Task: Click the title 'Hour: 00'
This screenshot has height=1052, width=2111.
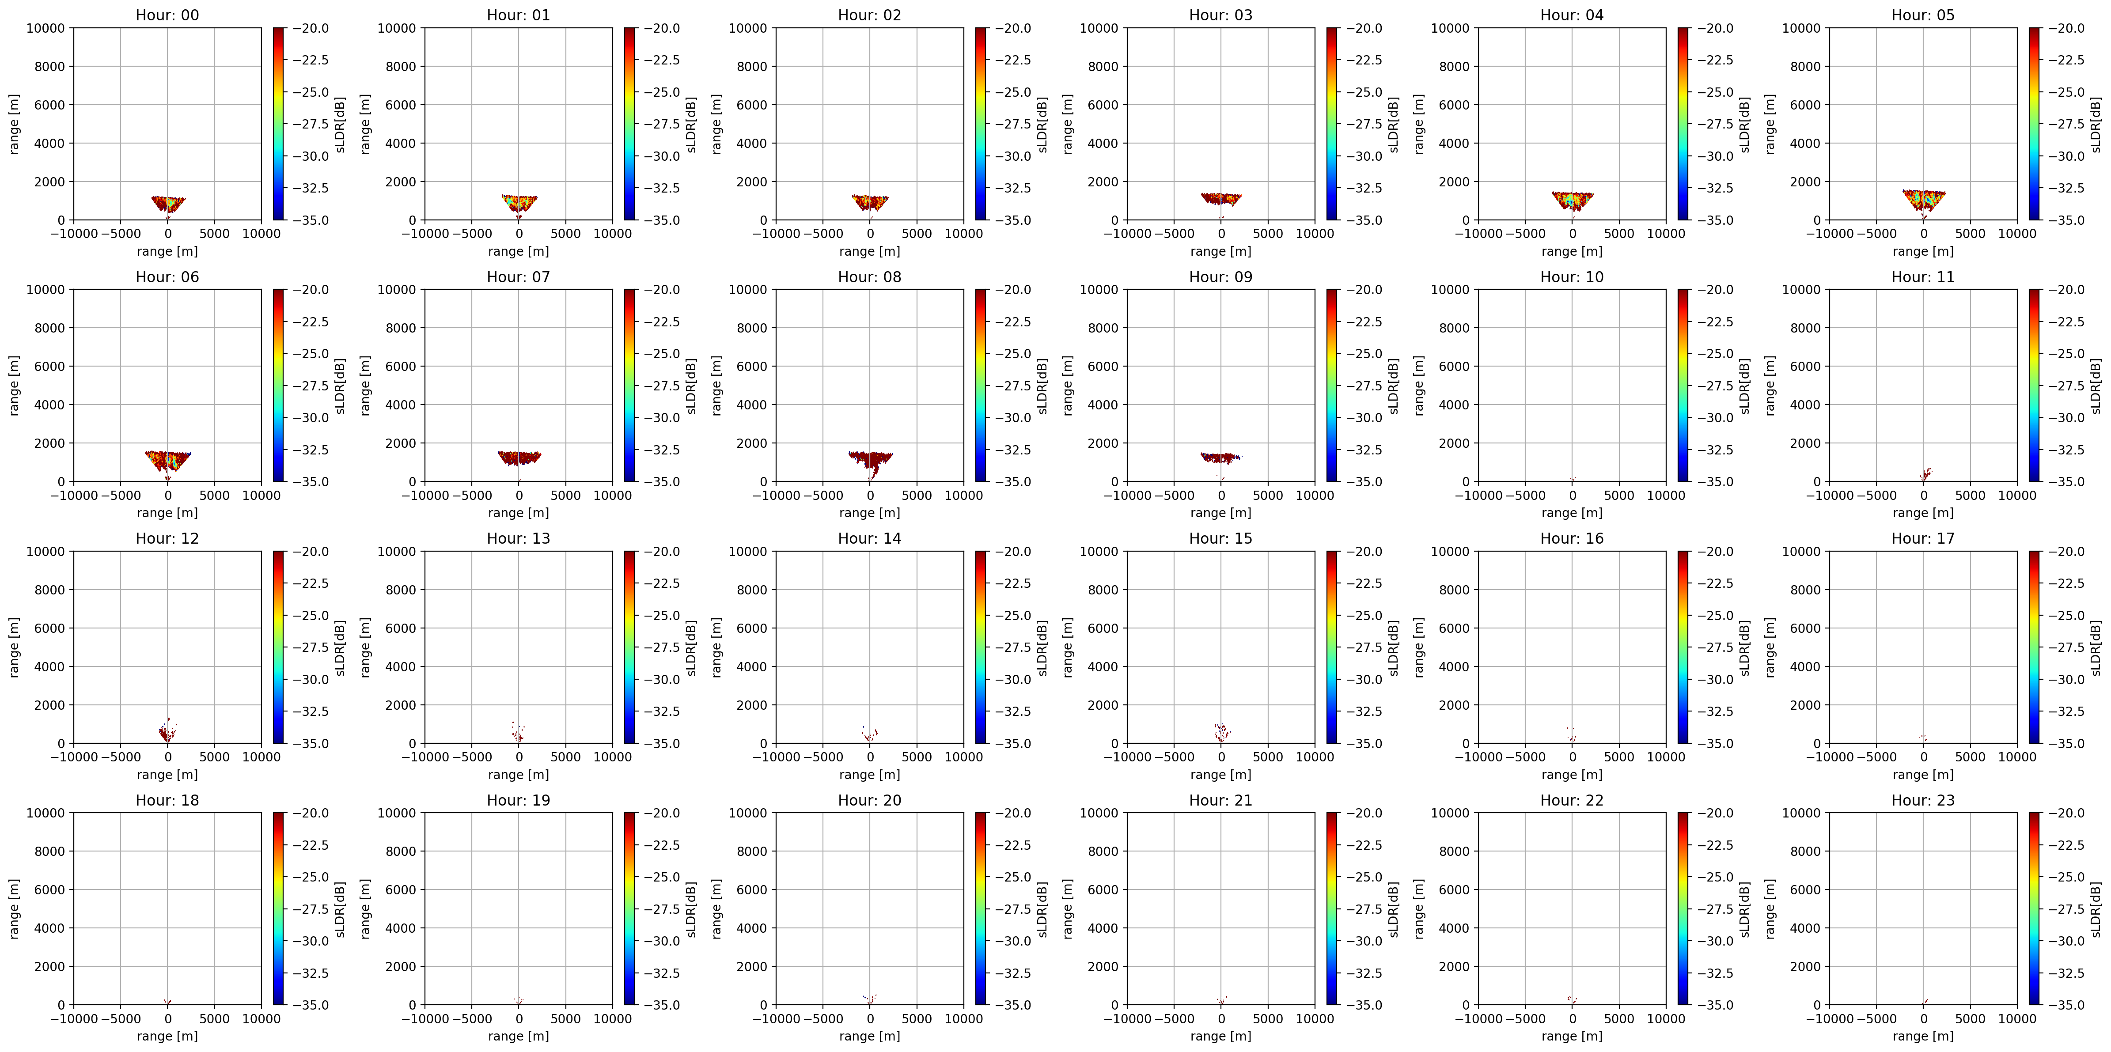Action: [167, 15]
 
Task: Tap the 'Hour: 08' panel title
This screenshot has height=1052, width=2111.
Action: [869, 277]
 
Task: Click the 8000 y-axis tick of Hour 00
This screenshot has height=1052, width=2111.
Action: [49, 66]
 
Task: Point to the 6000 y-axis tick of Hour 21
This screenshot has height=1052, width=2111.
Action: [1103, 890]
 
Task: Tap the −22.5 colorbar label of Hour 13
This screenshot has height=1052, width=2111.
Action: [662, 583]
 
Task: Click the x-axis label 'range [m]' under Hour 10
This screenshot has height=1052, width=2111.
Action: [1572, 513]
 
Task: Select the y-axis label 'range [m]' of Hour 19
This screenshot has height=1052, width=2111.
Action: [365, 908]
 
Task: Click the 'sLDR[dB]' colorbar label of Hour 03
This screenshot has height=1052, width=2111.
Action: [1393, 125]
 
